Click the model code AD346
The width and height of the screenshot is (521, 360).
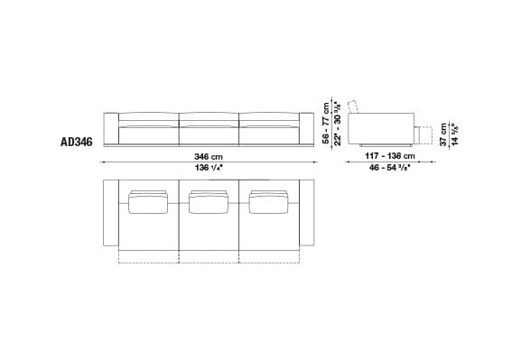click(77, 142)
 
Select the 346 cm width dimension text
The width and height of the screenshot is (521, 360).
click(209, 155)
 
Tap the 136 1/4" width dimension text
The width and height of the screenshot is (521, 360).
click(209, 167)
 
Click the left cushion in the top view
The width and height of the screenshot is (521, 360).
click(147, 204)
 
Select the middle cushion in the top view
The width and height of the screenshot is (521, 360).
click(209, 204)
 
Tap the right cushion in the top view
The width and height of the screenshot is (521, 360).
click(269, 204)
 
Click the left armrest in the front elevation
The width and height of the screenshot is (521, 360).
click(111, 128)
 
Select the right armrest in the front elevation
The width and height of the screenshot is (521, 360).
click(305, 128)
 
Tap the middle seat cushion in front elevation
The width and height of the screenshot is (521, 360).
click(209, 133)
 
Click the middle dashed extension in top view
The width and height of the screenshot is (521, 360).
click(209, 255)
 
